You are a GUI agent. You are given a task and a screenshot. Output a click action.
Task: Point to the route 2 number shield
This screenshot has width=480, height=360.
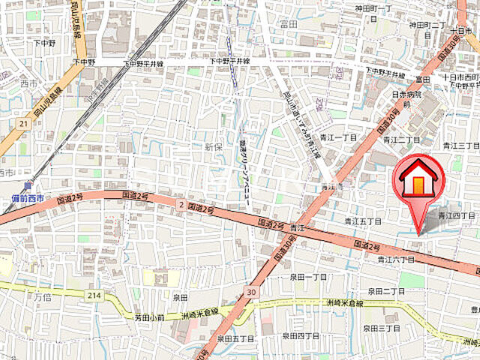pos(180,204)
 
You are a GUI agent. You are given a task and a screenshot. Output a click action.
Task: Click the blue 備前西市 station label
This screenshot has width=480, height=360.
pos(28,198)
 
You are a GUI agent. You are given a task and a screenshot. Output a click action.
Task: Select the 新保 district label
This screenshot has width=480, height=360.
pos(214,147)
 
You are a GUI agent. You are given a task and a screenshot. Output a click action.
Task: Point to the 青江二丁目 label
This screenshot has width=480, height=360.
pos(401,139)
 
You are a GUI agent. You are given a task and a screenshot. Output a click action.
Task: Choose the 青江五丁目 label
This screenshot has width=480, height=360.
pos(363,221)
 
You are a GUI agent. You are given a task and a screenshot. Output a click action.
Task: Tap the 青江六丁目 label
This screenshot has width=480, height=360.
pos(395,259)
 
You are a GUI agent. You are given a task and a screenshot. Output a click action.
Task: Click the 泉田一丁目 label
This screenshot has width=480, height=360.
pos(309,277)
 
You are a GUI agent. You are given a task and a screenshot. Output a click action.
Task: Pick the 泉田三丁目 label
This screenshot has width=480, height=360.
pos(381,328)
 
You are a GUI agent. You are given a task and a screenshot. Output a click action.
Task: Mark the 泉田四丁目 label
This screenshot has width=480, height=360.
pos(309,337)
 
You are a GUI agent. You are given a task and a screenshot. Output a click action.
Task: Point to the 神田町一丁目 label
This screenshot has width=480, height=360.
pos(373,9)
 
